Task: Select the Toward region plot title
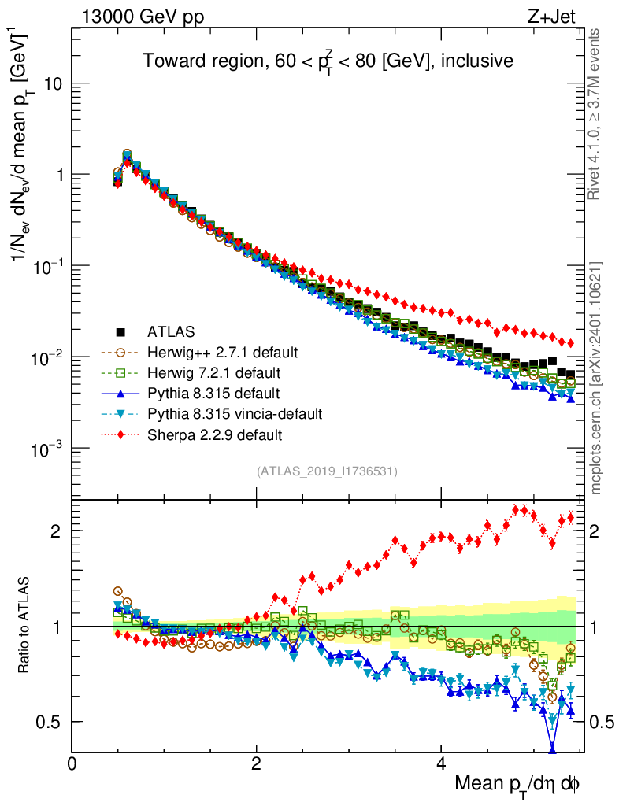[x=328, y=61]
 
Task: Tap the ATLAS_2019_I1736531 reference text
[x=327, y=471]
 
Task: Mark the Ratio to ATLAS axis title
[x=27, y=626]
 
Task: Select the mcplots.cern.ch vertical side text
[x=596, y=378]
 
